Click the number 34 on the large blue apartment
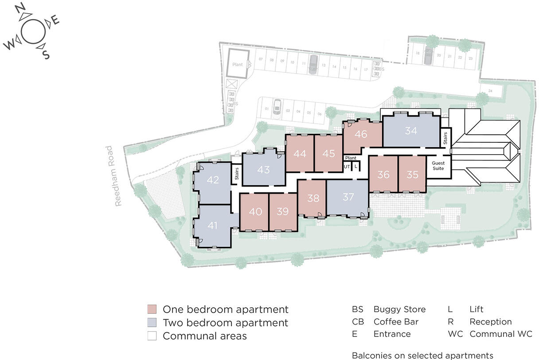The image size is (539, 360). (411, 131)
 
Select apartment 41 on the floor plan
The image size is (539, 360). (213, 226)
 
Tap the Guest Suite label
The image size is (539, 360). (438, 166)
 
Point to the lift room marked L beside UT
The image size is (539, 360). (356, 166)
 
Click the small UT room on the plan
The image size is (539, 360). (347, 166)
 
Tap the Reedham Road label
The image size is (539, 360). (118, 176)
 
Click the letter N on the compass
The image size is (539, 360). (20, 9)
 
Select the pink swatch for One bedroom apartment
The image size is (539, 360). (152, 309)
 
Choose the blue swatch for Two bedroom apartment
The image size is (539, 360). (152, 323)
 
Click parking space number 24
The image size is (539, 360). (490, 91)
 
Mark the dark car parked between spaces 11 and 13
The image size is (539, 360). (313, 64)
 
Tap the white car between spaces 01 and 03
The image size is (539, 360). (277, 107)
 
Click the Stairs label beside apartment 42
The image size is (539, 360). (237, 174)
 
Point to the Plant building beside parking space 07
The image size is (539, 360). (238, 65)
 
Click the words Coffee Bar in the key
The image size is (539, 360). (396, 322)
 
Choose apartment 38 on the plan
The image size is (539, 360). (313, 198)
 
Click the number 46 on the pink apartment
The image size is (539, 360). (361, 134)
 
